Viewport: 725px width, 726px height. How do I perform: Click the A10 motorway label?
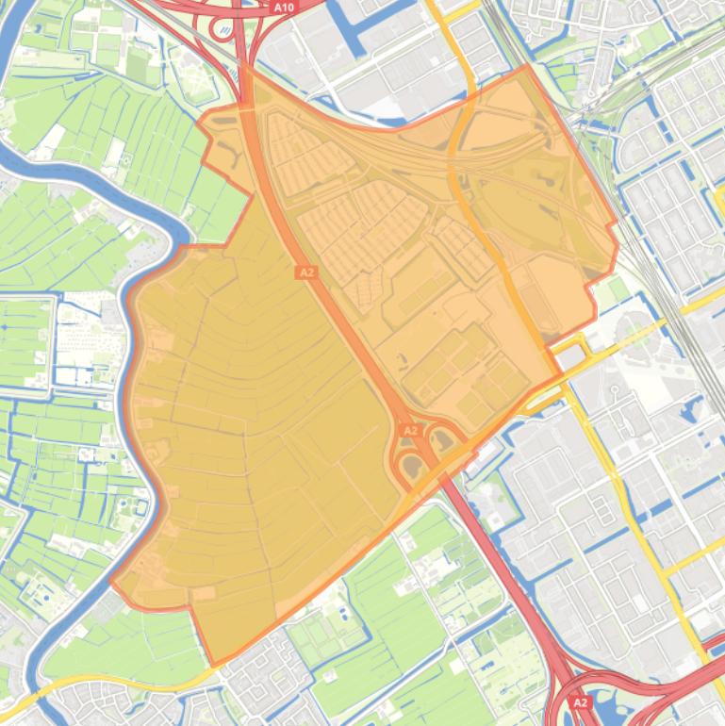283,7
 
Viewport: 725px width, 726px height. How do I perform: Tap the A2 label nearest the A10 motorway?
305,272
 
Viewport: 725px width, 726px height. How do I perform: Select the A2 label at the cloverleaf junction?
410,431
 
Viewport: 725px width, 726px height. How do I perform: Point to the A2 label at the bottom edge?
580,703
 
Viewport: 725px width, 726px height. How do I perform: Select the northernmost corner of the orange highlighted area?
526,67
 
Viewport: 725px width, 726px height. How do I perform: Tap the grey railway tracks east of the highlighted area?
660,283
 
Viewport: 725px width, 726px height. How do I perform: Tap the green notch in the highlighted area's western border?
226,212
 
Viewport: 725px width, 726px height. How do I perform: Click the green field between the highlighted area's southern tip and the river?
123,641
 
